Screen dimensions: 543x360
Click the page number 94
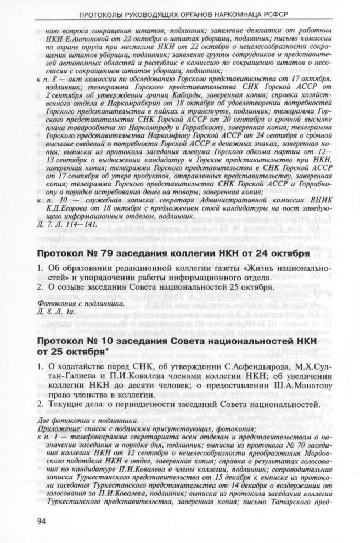tap(42, 520)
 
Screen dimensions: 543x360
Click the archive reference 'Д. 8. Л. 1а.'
tap(57, 311)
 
